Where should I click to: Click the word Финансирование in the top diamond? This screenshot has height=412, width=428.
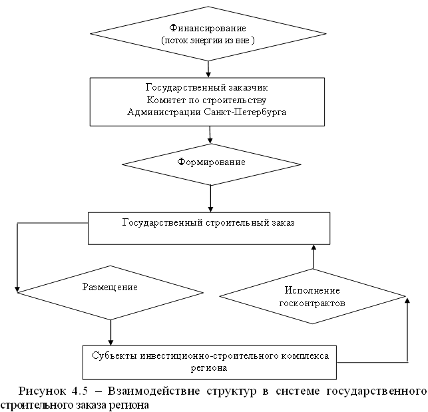[x=209, y=29]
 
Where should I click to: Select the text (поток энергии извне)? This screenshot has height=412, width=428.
[x=209, y=40]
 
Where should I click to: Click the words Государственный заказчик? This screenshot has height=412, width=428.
[x=208, y=87]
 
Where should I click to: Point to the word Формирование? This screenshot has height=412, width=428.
[x=210, y=162]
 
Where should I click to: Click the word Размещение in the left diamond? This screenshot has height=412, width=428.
[x=110, y=287]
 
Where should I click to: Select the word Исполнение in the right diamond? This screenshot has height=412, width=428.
[x=312, y=291]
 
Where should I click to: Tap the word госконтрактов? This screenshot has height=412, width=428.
[x=312, y=302]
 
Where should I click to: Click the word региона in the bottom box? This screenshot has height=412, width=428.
[x=210, y=367]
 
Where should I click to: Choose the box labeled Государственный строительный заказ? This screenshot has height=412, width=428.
[x=210, y=228]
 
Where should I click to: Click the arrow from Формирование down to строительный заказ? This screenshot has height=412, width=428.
[x=210, y=196]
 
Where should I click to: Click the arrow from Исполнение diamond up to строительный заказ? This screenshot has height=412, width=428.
[x=313, y=256]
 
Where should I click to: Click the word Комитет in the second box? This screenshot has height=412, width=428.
[x=164, y=100]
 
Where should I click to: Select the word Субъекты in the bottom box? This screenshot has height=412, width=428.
[x=114, y=355]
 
